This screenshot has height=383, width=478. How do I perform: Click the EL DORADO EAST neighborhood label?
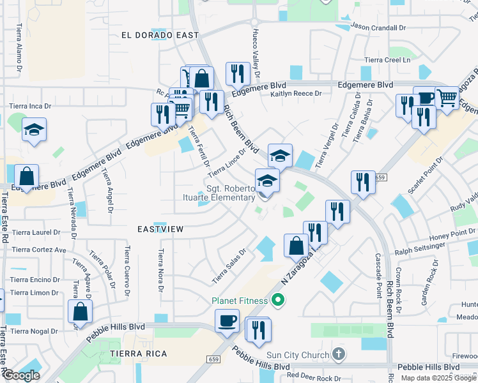tap(156, 36)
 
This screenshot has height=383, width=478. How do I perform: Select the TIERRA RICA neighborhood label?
tap(139, 354)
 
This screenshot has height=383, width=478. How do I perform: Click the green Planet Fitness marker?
tap(277, 299)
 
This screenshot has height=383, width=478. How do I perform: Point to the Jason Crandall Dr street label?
tap(378, 28)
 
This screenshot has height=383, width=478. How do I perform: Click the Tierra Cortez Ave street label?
tap(39, 250)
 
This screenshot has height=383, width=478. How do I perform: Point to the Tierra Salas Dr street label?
tap(229, 267)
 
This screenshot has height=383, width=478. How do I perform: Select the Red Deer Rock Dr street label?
tap(314, 379)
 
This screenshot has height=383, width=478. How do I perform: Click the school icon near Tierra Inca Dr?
tap(34, 130)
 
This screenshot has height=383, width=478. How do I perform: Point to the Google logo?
tap(20, 375)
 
